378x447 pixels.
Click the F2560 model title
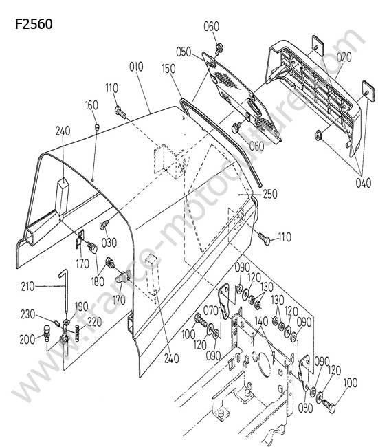coord(34,24)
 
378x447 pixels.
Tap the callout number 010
coord(136,67)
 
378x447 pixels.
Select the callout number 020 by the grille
coord(344,57)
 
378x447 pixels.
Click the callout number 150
coord(168,69)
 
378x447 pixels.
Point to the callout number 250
coord(270,194)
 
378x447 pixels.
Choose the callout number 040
coord(364,183)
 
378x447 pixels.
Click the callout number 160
coord(91,105)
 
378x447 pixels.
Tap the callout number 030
coord(109,243)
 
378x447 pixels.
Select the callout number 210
coord(27,286)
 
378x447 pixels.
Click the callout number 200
coord(27,340)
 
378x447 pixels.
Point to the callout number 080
coord(305,408)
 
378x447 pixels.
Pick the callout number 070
coord(210,310)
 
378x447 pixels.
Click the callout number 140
coord(261,321)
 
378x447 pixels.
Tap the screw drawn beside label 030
coord(104,224)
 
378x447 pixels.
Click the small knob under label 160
coord(97,127)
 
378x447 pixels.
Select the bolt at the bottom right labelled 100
coord(329,405)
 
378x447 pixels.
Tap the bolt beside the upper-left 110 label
coord(120,111)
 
